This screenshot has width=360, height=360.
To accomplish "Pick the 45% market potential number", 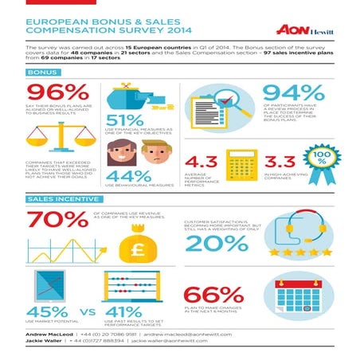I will coord(48,311).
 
